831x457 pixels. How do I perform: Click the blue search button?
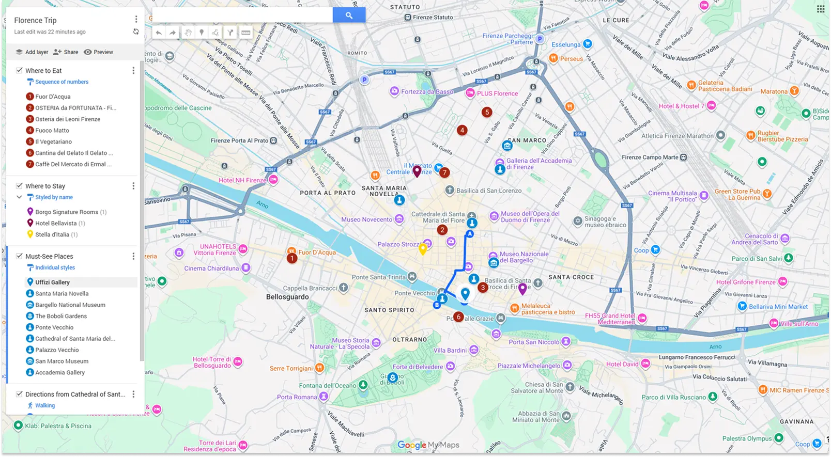coord(349,15)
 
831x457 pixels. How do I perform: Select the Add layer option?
coord(32,52)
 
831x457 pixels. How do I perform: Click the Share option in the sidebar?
coord(66,52)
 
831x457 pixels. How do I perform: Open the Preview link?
coord(99,52)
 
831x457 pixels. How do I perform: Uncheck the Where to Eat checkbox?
coord(19,70)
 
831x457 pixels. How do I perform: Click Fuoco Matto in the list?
coord(52,131)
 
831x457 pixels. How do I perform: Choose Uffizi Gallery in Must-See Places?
coord(52,282)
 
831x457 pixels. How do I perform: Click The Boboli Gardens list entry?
coord(60,316)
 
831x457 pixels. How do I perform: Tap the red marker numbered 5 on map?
coord(486,112)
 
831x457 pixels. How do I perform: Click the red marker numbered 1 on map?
coord(292,258)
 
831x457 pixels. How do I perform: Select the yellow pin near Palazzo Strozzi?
coord(423,249)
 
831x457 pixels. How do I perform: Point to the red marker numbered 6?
coord(458,317)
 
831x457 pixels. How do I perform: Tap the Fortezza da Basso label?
coord(426,92)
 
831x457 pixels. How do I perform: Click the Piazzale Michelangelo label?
coord(529,366)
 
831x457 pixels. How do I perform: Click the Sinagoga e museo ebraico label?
coord(605,222)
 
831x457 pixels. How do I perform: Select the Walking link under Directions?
coord(44,405)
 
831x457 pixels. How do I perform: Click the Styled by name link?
coord(54,197)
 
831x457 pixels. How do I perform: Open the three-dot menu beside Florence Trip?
coord(136,20)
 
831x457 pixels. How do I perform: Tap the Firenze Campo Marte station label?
coord(650,157)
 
